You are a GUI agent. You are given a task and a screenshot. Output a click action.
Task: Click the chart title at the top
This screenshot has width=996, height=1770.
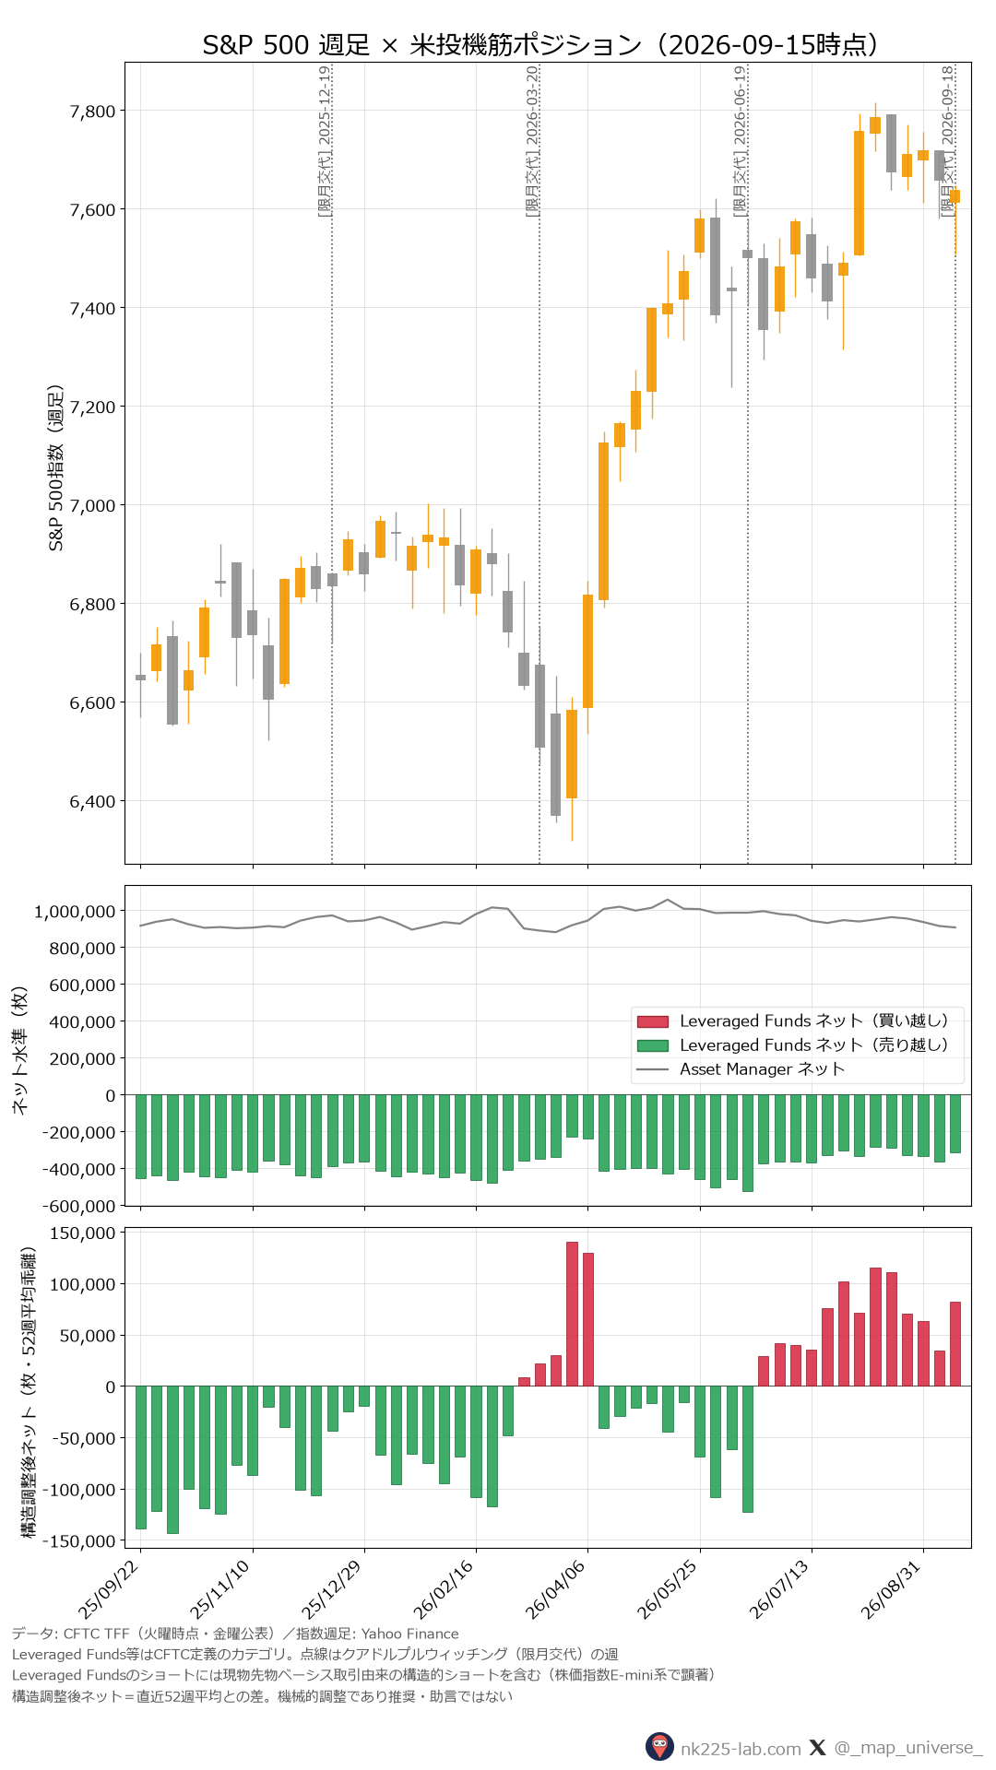539,44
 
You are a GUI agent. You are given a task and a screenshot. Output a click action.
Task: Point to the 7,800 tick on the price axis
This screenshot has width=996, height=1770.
93,112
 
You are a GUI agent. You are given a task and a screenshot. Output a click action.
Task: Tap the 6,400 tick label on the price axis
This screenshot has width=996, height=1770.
93,802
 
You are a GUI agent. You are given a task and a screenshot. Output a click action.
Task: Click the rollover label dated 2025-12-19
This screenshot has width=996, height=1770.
324,141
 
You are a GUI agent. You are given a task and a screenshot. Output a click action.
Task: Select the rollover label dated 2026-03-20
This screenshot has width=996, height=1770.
531,141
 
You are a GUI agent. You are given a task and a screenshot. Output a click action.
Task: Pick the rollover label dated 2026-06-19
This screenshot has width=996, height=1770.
740,141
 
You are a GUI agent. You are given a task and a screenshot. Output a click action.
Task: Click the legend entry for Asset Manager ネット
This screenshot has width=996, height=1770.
762,1069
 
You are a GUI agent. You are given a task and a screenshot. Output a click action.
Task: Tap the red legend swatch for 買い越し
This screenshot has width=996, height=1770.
652,1021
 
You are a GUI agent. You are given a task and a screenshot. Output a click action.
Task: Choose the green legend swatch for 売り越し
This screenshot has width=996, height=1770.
652,1045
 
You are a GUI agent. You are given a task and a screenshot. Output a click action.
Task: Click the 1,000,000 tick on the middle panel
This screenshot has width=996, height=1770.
75,912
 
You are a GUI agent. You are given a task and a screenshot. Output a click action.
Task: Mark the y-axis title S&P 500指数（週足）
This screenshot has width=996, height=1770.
56,467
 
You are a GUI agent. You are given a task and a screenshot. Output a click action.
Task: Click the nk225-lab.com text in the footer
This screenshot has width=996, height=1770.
741,1748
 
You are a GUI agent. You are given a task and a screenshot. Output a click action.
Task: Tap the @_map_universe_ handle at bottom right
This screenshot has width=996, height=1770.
907,1748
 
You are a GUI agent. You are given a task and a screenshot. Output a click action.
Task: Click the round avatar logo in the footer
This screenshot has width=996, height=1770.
659,1747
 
